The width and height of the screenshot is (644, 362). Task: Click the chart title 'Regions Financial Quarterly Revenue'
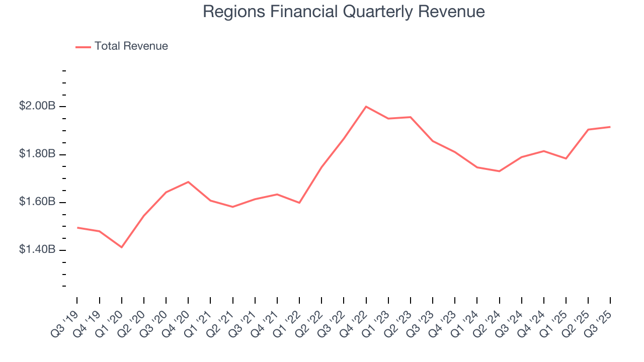(x=344, y=12)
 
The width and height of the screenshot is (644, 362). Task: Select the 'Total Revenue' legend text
(x=131, y=46)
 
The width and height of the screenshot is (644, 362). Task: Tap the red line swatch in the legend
(x=83, y=47)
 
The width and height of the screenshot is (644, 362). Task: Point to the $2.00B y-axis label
(x=37, y=106)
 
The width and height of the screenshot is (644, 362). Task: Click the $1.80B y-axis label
(x=37, y=154)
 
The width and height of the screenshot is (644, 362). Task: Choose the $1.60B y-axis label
(x=37, y=202)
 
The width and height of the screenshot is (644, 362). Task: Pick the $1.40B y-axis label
(x=37, y=250)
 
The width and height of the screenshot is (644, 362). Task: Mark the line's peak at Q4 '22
(x=366, y=107)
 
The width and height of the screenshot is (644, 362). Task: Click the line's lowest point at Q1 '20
(x=121, y=247)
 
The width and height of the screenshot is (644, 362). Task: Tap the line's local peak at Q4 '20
(x=188, y=182)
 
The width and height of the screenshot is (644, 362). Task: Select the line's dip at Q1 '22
(x=299, y=203)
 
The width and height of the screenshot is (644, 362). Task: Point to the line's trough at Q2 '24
(x=499, y=171)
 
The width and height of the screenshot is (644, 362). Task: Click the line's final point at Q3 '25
(x=610, y=127)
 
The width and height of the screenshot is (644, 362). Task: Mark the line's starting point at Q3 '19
(x=77, y=228)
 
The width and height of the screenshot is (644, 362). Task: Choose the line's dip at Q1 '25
(x=566, y=158)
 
